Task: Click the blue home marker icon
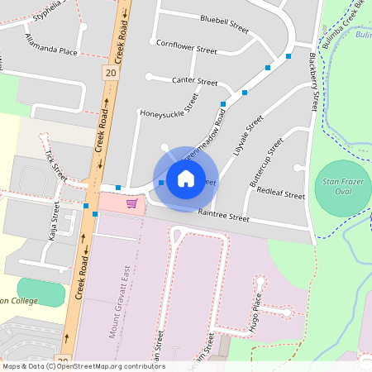coord(186,178)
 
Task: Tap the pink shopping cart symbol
coord(131,203)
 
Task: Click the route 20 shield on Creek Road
coord(111,74)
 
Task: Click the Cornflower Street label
coord(186,47)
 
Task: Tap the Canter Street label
coord(194,81)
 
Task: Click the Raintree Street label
coord(223,217)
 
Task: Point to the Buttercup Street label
coord(265,162)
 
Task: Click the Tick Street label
coord(56,160)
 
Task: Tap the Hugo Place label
coord(258,311)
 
